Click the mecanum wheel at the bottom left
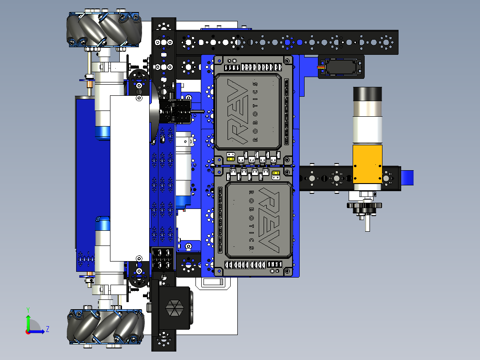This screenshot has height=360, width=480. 104,327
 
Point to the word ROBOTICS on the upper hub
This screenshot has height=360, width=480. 255,111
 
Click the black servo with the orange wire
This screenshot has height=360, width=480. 341,67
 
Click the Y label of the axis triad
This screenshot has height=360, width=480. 28,309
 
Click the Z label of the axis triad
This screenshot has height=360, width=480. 47,329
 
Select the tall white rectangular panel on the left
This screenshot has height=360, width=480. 129,178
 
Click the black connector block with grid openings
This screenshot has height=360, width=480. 163,259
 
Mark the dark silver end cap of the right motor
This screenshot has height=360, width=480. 367,95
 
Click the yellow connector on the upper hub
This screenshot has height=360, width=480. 231,156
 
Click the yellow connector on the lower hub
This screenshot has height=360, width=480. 276,174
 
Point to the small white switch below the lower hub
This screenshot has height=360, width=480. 213,282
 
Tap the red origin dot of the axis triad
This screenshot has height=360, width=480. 28,331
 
